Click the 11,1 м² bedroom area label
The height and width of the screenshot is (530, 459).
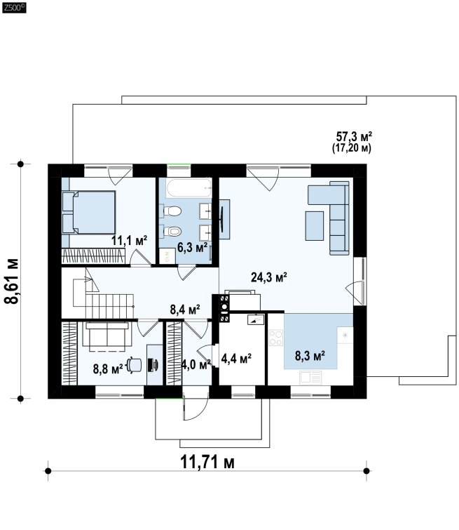130,241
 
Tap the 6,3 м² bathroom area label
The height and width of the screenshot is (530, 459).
192,247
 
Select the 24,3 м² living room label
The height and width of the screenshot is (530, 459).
269,277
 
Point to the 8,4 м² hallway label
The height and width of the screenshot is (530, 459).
185,310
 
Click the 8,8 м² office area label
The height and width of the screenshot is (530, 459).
108,369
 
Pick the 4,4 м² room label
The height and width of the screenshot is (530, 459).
236,358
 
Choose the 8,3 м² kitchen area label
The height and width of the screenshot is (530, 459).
310,356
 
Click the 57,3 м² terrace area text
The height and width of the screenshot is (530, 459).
354,137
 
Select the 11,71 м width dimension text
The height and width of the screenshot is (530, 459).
207,462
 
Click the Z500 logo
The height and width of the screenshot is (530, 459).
14,8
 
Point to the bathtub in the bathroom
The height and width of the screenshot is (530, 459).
189,188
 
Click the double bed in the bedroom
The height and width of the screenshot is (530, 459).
89,212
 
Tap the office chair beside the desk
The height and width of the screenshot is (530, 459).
135,366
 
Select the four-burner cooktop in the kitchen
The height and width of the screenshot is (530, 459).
275,338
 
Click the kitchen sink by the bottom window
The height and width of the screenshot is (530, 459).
310,377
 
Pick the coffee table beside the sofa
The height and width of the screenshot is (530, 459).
315,226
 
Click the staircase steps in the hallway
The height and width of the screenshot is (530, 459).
109,306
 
